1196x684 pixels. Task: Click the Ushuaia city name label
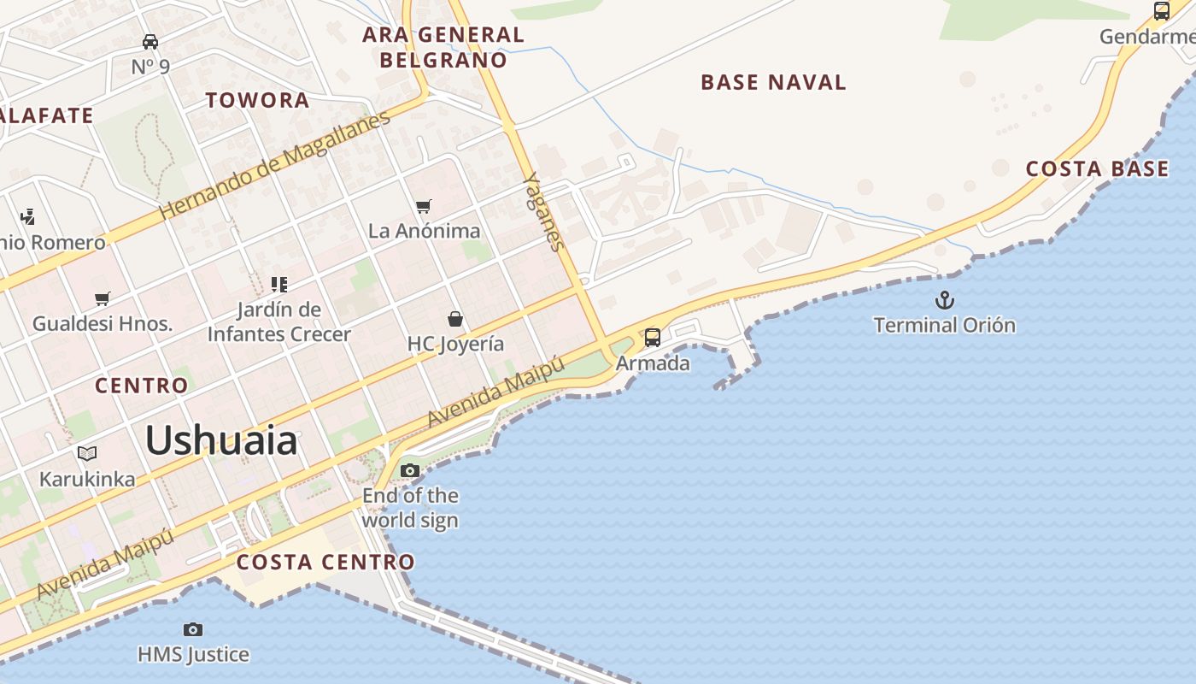point(221,441)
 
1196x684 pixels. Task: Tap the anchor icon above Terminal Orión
point(944,300)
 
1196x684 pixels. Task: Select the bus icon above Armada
point(653,338)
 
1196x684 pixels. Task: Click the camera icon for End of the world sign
point(410,470)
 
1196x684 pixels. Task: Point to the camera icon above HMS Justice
point(193,630)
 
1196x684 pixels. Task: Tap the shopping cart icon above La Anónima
point(423,206)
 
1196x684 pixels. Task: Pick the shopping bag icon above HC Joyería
point(455,319)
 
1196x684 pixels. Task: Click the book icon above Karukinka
point(87,453)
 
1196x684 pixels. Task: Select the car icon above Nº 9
point(150,41)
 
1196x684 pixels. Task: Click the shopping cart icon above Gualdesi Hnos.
point(103,298)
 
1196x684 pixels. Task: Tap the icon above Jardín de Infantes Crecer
point(279,284)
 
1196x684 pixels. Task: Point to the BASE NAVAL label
point(773,82)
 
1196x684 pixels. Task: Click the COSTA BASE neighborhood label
point(1097,168)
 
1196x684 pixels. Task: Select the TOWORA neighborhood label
point(257,100)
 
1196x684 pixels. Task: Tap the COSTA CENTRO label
point(325,562)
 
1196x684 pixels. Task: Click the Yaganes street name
point(543,211)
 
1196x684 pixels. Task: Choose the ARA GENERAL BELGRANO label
point(443,47)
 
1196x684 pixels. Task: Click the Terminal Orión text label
point(944,325)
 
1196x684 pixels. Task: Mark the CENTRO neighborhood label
point(141,386)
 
